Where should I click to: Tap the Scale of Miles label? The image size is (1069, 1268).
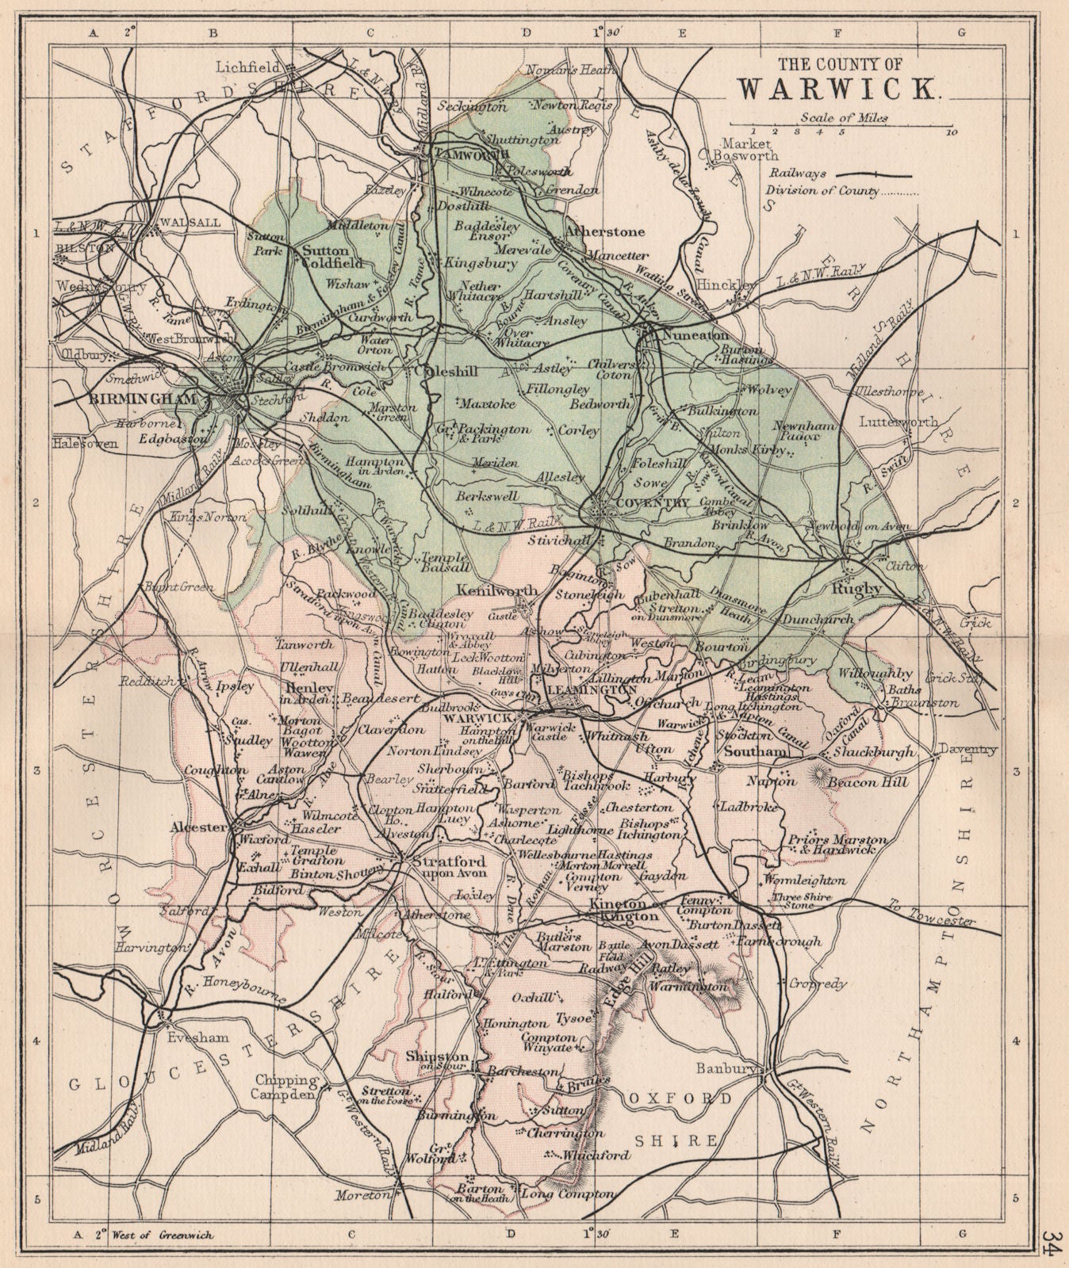(844, 117)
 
